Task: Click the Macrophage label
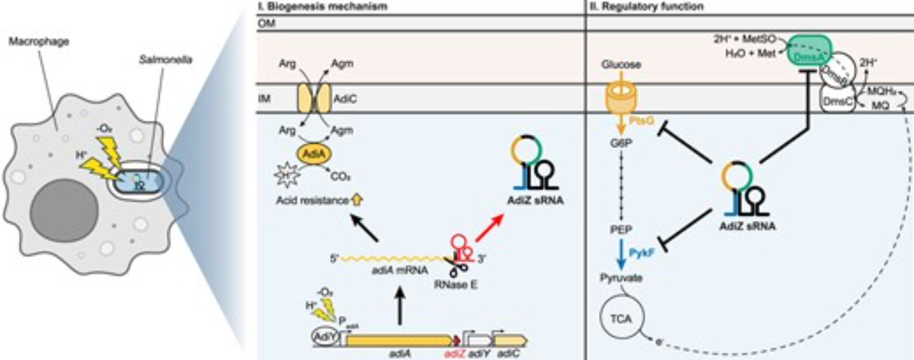[39, 42]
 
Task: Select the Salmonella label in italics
[165, 60]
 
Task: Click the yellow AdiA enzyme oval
[314, 154]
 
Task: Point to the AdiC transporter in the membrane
[314, 99]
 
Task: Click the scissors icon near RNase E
[457, 266]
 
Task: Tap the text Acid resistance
[312, 200]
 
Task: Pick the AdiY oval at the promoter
[325, 337]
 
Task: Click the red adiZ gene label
[454, 353]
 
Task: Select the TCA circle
[621, 318]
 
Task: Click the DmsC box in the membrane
[837, 102]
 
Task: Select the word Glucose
[621, 64]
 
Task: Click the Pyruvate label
[621, 278]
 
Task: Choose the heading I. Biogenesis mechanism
[323, 6]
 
